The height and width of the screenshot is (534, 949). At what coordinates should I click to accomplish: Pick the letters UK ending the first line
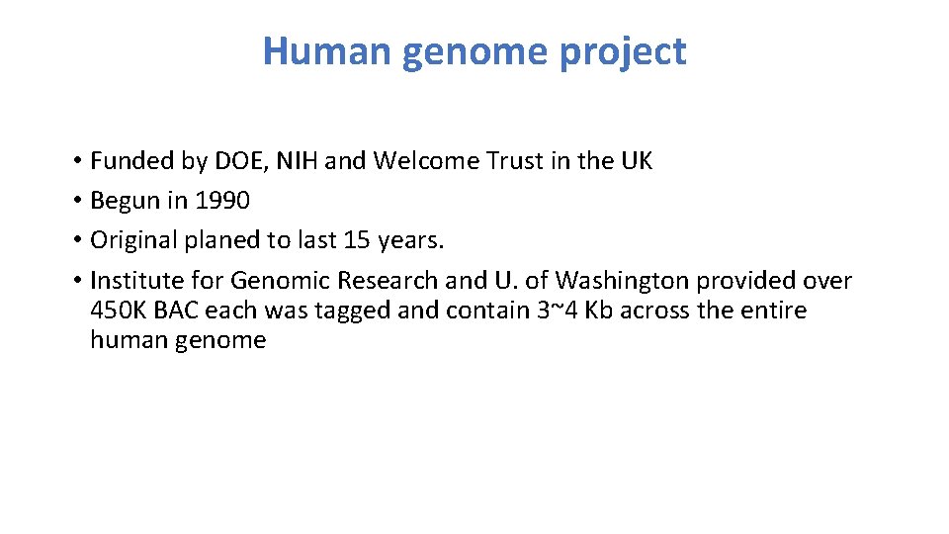pos(635,161)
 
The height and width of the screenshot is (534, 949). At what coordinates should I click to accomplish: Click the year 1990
pos(222,201)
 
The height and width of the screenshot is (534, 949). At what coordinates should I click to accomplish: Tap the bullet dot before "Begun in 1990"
pos(76,201)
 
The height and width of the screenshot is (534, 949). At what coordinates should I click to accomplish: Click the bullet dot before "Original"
pos(76,240)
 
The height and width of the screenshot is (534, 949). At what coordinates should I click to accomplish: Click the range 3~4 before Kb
pos(556,311)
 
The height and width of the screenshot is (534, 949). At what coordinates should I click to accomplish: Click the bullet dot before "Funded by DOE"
pos(76,161)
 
